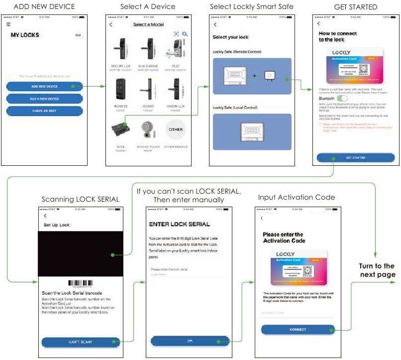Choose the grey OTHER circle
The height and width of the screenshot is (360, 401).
click(175, 129)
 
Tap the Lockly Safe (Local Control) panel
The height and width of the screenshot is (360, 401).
click(251, 132)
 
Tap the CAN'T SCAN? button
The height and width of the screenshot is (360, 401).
click(80, 342)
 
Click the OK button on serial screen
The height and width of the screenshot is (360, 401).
click(190, 341)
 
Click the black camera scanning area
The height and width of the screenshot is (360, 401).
click(80, 254)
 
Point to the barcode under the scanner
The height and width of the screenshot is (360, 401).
click(81, 285)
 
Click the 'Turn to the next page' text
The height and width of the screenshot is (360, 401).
click(377, 270)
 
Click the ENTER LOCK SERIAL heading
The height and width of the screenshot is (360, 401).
click(180, 225)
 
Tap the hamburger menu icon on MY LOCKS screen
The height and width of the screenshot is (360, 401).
click(8, 24)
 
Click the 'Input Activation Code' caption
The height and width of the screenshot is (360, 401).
click(296, 197)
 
